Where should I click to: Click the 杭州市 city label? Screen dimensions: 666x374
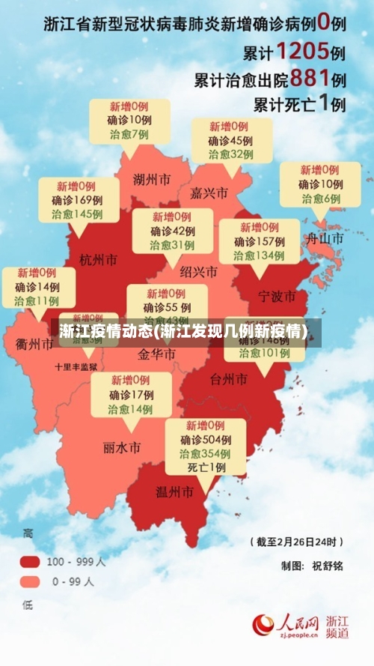(x=98, y=260)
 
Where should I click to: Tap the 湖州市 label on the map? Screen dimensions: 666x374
(x=151, y=179)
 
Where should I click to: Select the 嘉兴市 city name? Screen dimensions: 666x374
(x=209, y=193)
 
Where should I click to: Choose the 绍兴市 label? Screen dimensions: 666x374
(x=198, y=271)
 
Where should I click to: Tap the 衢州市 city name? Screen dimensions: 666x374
(x=34, y=344)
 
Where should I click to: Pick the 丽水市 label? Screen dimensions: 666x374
(x=122, y=448)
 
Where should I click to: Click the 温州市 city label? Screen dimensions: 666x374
(x=174, y=492)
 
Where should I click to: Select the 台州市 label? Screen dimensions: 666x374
(x=229, y=379)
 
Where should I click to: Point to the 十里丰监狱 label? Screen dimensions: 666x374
(x=76, y=367)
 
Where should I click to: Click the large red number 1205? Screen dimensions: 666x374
(x=301, y=51)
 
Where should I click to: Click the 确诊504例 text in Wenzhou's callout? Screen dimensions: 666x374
(x=205, y=440)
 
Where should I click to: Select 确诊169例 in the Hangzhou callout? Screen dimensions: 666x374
(x=77, y=200)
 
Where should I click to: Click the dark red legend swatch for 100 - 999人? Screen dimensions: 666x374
(x=30, y=561)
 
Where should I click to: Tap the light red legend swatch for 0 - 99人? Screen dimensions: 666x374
(x=30, y=581)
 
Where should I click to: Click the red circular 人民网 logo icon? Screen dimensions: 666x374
(x=263, y=624)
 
